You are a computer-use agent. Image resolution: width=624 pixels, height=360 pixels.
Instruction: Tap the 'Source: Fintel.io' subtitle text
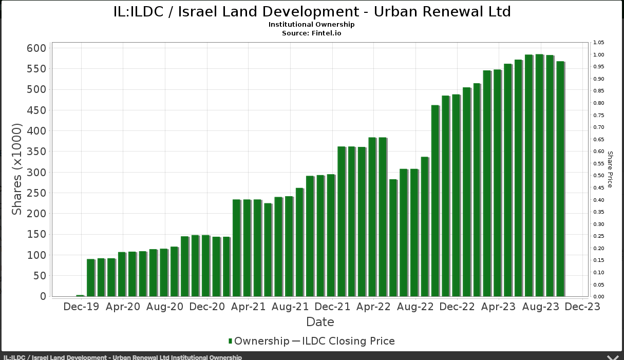tap(311, 33)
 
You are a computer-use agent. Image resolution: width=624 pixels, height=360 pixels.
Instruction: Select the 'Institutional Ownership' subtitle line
tap(311, 24)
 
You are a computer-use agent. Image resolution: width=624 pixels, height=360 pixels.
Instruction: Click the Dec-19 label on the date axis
tap(81, 307)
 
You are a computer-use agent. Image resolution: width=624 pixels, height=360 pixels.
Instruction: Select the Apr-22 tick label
tap(373, 307)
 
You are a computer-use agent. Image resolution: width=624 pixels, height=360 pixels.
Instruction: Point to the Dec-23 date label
tap(582, 307)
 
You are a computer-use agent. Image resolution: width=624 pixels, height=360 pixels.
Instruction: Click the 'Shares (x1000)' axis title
tap(17, 169)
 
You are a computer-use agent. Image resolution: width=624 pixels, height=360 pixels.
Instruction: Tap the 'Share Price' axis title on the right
tap(610, 169)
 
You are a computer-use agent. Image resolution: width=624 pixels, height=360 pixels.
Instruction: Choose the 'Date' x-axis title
tap(320, 322)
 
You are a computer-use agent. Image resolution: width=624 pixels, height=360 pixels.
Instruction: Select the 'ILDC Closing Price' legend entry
tap(348, 341)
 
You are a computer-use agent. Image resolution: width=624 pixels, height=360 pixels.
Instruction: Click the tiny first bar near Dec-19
tap(80, 295)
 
